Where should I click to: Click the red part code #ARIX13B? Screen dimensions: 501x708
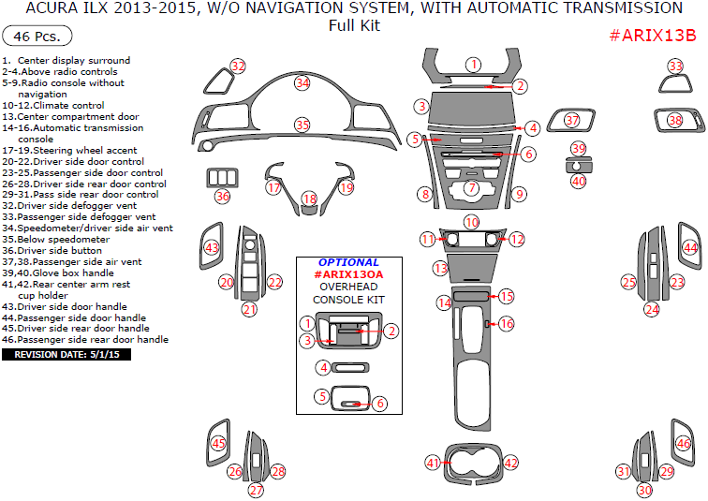(x=653, y=36)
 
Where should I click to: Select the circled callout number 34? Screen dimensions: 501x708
(x=302, y=82)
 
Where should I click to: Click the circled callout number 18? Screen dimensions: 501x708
(x=310, y=199)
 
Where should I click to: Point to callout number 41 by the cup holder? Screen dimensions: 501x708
(x=433, y=463)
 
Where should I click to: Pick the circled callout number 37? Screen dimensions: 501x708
(x=572, y=120)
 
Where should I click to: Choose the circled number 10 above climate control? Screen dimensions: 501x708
(x=471, y=222)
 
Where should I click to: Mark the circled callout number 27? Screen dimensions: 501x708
(x=256, y=490)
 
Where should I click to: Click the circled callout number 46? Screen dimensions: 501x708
(x=684, y=444)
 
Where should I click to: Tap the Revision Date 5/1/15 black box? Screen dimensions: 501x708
(x=66, y=355)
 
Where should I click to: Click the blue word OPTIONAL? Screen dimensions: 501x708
(x=348, y=262)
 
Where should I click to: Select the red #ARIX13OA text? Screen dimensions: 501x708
(x=348, y=274)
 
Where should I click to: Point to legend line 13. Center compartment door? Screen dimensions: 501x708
(x=70, y=117)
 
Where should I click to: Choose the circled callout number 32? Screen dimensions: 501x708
(x=238, y=66)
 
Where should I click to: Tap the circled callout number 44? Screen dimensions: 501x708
(x=690, y=247)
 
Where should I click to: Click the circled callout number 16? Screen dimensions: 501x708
(x=506, y=323)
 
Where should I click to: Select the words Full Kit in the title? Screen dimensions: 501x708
(x=353, y=25)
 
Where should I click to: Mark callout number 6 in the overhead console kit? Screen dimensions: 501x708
(x=380, y=403)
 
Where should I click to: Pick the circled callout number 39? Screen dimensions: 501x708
(x=578, y=149)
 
